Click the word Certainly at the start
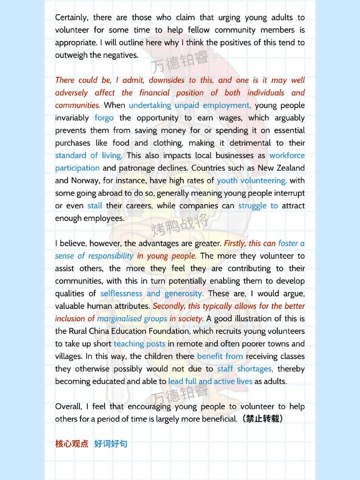(71, 18)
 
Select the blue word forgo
(104, 118)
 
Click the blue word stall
(95, 206)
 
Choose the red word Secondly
(169, 306)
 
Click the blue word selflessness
(121, 294)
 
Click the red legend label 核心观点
(72, 444)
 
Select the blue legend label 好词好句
(111, 444)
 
